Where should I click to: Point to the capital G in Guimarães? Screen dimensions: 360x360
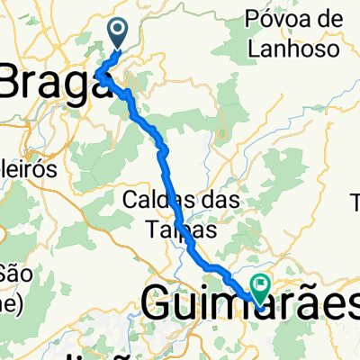point(159,306)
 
